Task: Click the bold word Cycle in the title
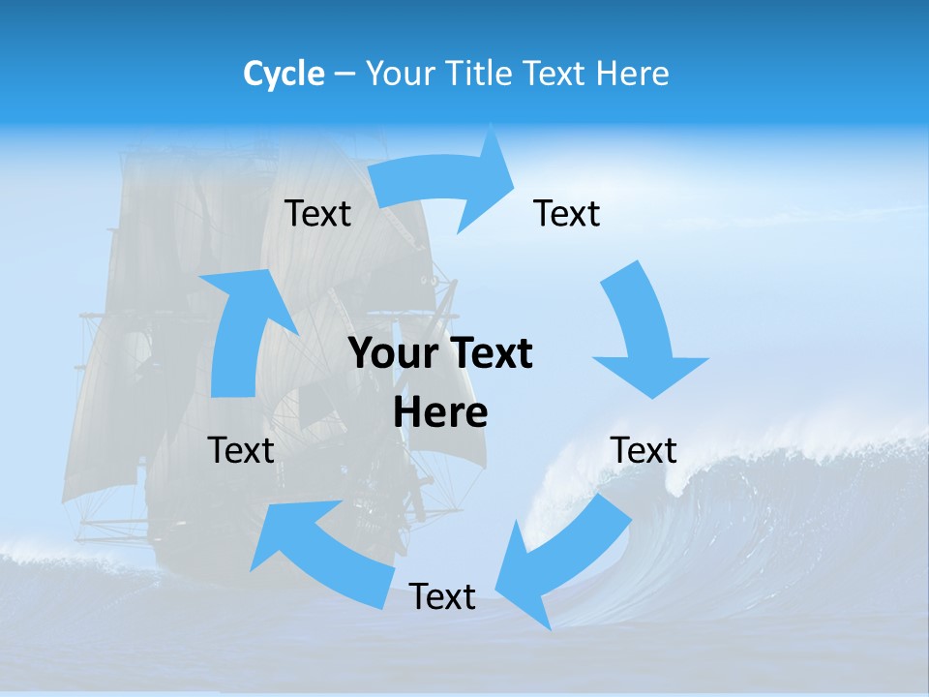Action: pos(284,74)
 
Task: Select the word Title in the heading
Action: pos(481,74)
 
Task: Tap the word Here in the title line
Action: pos(633,74)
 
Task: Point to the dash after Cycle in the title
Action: pos(345,75)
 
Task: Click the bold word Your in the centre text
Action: pos(396,354)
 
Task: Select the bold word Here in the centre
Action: pos(440,412)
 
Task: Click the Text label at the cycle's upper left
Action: pos(317,213)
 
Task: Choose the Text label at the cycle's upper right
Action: pos(567,213)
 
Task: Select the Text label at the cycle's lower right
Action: pos(644,450)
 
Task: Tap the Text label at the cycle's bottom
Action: pos(442,596)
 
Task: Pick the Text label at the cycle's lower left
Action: pos(241,450)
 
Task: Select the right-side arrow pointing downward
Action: pos(644,334)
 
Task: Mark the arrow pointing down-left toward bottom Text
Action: pos(561,561)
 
